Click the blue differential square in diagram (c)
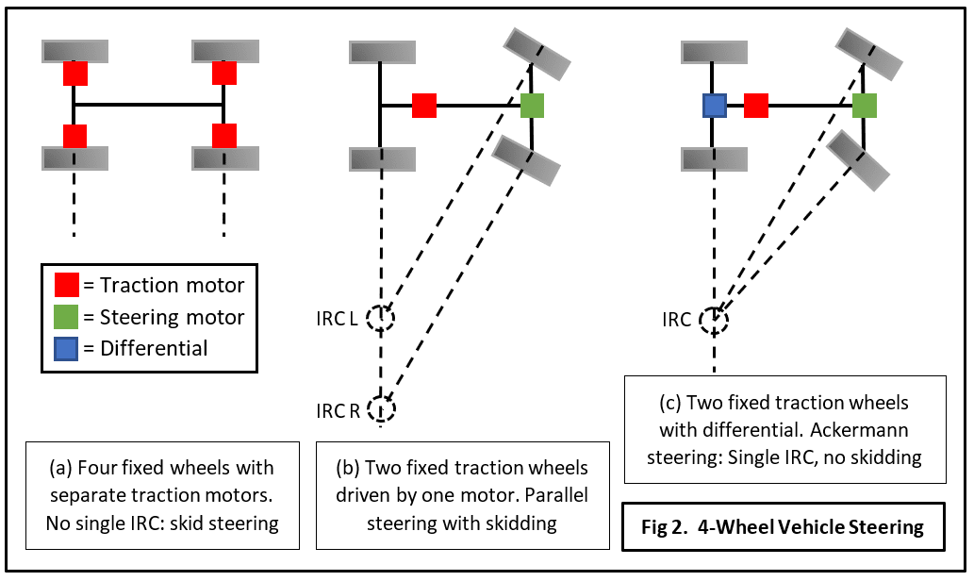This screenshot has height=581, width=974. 714,106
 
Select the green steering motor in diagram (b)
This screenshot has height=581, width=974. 533,106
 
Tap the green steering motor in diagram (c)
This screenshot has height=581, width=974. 865,106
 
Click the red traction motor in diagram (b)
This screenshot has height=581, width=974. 424,106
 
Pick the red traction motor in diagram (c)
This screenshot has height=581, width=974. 756,106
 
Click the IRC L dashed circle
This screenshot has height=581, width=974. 381,319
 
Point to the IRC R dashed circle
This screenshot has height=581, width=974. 382,409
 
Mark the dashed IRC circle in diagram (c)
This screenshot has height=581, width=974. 714,320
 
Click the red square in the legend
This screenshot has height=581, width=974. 65,285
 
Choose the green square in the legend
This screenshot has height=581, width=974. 65,316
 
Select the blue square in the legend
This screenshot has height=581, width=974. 65,347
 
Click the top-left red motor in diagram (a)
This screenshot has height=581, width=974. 75,73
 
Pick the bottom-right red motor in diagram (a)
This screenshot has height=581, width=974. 224,136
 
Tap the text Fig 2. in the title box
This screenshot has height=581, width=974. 667,526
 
